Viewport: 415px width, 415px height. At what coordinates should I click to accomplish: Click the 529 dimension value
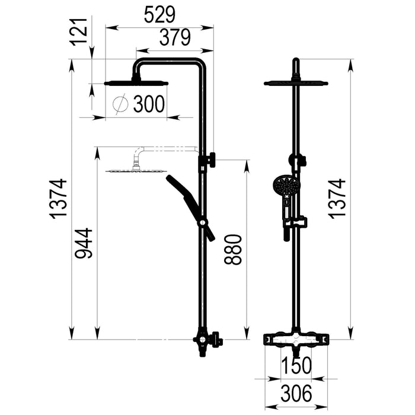pyautogui.click(x=159, y=15)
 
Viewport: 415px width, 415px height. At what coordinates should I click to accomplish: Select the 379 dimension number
pyautogui.click(x=175, y=37)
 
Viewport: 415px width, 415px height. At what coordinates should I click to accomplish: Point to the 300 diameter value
pyautogui.click(x=149, y=104)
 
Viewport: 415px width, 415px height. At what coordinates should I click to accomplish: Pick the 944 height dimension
pyautogui.click(x=84, y=243)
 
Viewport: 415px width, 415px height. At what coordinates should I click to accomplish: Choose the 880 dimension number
pyautogui.click(x=233, y=250)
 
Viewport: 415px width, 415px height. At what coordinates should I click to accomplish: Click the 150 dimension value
pyautogui.click(x=296, y=366)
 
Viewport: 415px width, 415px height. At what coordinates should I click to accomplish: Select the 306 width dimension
pyautogui.click(x=296, y=393)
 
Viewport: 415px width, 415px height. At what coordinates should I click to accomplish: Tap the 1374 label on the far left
pyautogui.click(x=59, y=199)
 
